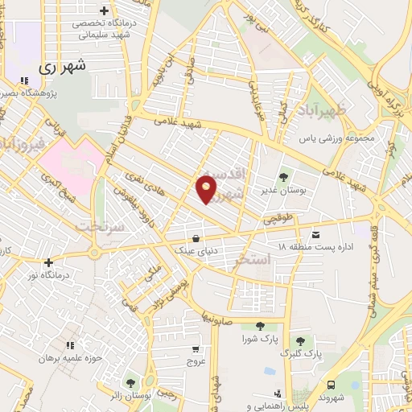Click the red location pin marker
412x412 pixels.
coord(207,188)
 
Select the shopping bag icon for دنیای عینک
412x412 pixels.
coord(196,237)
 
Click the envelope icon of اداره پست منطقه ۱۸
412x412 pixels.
coord(315,234)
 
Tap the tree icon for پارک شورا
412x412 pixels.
coord(260,326)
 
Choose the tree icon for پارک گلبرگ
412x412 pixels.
coord(300,341)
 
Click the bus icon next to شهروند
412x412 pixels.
coord(331,385)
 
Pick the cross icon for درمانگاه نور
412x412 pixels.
coord(48,262)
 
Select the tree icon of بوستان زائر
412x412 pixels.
coord(130,381)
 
